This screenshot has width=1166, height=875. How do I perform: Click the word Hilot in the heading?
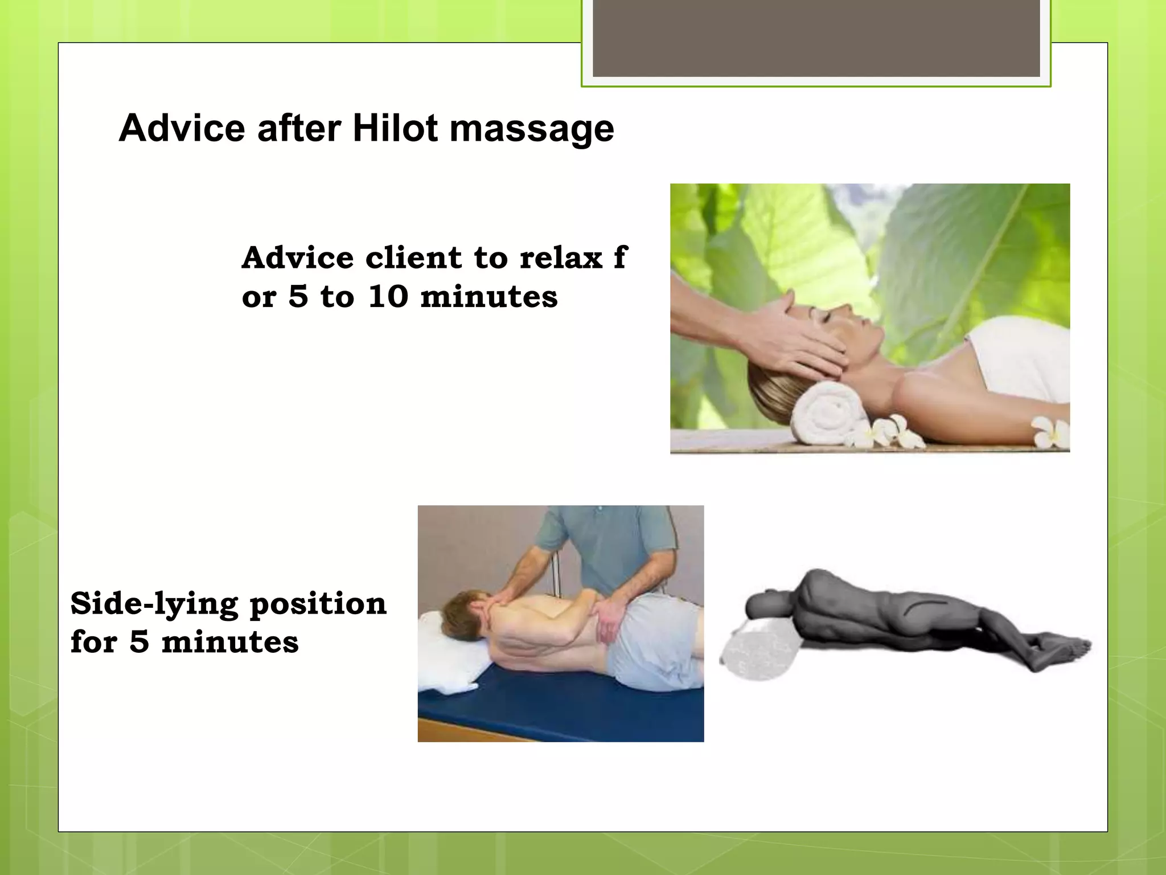[395, 128]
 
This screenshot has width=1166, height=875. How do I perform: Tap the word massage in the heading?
[532, 129]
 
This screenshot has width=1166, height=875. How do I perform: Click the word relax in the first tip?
[560, 258]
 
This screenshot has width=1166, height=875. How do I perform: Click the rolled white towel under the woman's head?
[826, 412]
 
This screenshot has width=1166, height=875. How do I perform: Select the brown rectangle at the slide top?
[816, 38]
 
